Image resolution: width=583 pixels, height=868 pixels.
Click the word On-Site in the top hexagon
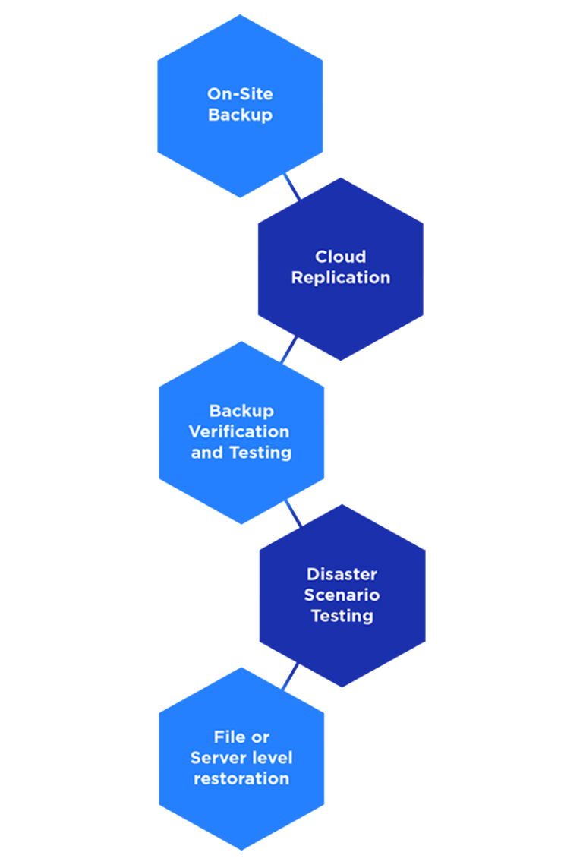click(x=240, y=94)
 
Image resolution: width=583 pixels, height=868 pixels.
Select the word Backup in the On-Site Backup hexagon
click(x=240, y=115)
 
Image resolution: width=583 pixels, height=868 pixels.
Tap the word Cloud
click(x=340, y=257)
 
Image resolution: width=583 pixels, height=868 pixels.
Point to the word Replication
click(x=340, y=278)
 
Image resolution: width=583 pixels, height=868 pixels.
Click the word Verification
click(x=239, y=431)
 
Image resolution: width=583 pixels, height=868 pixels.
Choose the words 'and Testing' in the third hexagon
click(x=241, y=453)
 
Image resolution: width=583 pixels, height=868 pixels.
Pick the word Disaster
click(x=342, y=574)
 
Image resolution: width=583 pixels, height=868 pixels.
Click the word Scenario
click(x=342, y=595)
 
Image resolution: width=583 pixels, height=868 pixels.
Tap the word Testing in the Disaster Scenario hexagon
click(x=342, y=616)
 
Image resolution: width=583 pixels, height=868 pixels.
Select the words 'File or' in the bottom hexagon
click(x=241, y=737)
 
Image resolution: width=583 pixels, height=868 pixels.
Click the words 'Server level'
click(x=241, y=758)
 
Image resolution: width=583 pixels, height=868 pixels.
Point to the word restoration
click(x=241, y=778)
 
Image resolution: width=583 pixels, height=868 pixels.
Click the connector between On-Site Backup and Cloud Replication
click(x=291, y=187)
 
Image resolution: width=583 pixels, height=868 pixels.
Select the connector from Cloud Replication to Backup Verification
click(x=289, y=350)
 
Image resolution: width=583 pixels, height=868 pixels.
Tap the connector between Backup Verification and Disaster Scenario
click(x=292, y=513)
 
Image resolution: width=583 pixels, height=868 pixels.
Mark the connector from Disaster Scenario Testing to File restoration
click(x=290, y=677)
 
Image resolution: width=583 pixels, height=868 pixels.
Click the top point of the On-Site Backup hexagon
click(x=241, y=15)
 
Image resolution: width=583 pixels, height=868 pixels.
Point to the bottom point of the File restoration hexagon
click(x=241, y=850)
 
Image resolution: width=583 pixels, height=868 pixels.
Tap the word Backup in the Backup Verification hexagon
click(x=241, y=411)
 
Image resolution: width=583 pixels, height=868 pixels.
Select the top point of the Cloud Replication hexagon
click(x=340, y=178)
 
